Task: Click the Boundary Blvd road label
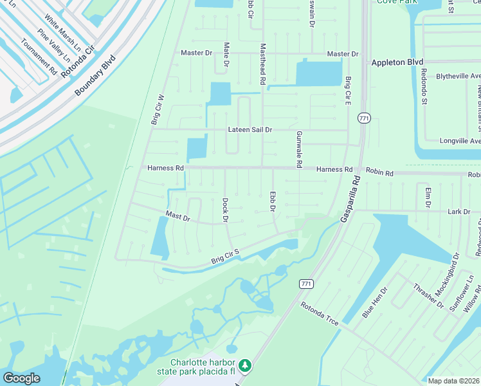pyautogui.click(x=95, y=76)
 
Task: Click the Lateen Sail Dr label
pyautogui.click(x=250, y=129)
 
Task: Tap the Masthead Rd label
pyautogui.click(x=262, y=64)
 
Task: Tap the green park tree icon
pyautogui.click(x=244, y=365)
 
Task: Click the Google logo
pyautogui.click(x=21, y=378)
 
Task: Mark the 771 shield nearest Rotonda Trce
pyautogui.click(x=306, y=283)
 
